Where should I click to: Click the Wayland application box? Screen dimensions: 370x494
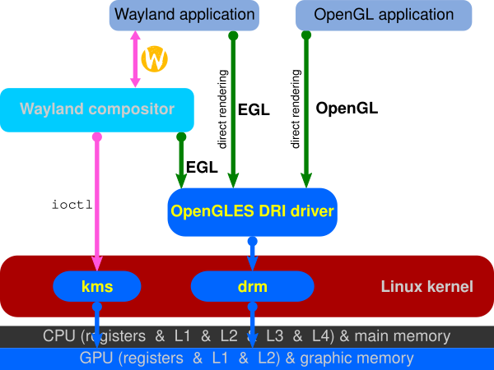click(x=184, y=15)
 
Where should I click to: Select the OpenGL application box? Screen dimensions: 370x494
click(x=374, y=15)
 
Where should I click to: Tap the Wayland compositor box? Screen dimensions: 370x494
click(x=97, y=109)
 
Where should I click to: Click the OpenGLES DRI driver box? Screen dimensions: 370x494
click(x=252, y=210)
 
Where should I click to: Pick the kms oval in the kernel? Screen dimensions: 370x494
click(x=97, y=287)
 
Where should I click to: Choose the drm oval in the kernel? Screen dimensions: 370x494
click(x=252, y=287)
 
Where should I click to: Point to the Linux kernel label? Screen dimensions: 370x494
click(x=426, y=287)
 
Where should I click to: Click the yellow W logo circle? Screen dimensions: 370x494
click(x=154, y=58)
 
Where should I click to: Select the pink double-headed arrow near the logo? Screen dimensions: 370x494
click(x=135, y=59)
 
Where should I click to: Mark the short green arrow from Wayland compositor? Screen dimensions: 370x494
click(x=181, y=160)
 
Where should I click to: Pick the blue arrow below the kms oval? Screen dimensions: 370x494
click(x=96, y=325)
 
